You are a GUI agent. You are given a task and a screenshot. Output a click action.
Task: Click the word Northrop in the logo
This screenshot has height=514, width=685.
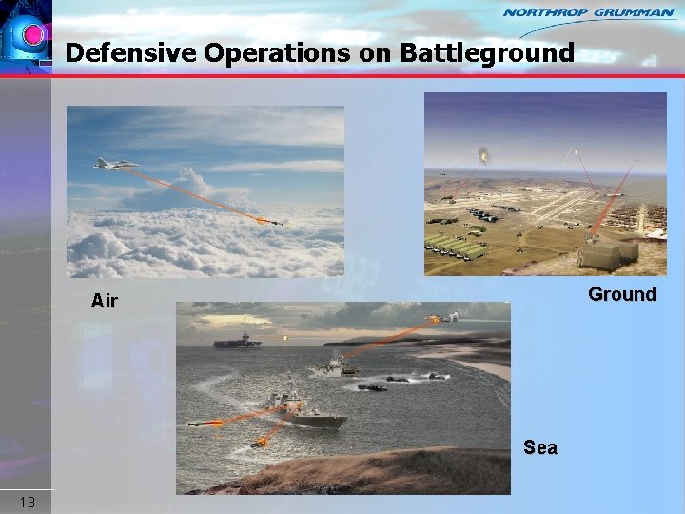point(545,12)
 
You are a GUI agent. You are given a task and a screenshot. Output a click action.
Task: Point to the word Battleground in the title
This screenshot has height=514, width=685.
point(486,52)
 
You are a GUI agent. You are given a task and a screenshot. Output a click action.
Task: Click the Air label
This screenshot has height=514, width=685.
point(105,302)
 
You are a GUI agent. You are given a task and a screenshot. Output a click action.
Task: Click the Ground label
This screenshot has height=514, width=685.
point(621,294)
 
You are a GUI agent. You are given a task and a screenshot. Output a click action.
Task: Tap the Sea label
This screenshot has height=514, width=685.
point(539,447)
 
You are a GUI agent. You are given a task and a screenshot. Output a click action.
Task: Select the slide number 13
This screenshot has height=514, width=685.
point(27,502)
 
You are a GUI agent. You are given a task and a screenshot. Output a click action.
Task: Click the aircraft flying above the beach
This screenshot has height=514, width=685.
point(444,318)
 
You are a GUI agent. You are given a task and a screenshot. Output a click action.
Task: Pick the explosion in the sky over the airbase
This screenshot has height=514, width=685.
point(484,155)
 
